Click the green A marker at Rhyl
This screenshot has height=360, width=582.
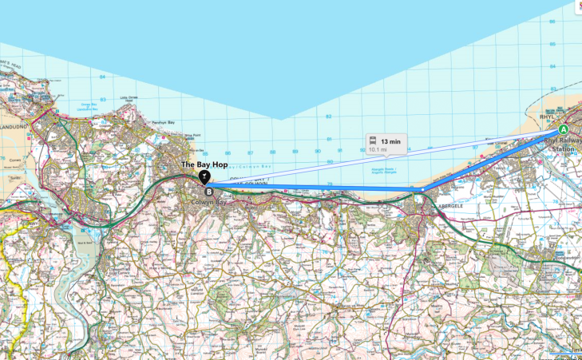563,129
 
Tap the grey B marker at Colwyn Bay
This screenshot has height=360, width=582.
209,192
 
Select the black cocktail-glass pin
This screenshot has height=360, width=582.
204,176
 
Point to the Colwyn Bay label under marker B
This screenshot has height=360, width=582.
209,203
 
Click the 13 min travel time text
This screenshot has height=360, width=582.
390,140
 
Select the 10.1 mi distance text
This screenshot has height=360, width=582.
378,148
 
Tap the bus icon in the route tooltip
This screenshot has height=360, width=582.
373,140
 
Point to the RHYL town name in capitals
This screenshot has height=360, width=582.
547,117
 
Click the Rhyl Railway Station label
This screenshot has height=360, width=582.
560,144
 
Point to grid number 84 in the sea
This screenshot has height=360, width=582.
103,77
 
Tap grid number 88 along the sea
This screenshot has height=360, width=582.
273,152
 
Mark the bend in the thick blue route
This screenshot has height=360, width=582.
421,189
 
